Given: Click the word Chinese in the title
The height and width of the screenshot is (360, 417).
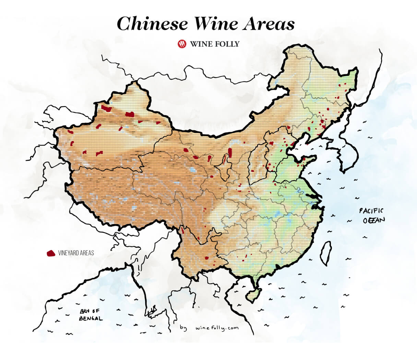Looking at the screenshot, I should [x=152, y=24].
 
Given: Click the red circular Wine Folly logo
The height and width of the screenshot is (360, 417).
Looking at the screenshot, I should [x=182, y=44].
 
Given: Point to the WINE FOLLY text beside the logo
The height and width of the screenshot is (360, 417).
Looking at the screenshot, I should [x=215, y=44].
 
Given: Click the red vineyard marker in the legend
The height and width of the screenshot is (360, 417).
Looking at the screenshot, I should [x=51, y=253].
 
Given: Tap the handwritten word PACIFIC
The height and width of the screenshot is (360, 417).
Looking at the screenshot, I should [x=371, y=211].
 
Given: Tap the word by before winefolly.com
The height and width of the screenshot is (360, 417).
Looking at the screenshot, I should [x=183, y=328].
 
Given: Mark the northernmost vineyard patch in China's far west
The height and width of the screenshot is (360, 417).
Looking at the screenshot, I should [x=106, y=109].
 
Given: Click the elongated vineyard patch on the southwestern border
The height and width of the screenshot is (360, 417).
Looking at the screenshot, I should [x=183, y=230].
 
